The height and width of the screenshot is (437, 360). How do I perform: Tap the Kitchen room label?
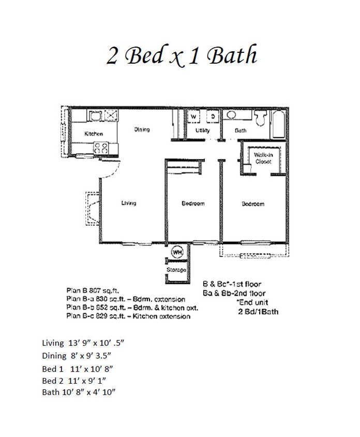[94, 134]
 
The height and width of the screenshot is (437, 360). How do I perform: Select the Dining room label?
[142, 129]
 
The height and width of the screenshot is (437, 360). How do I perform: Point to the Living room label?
[128, 203]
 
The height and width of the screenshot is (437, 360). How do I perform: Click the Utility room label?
[202, 130]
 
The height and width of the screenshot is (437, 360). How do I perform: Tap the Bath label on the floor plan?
[241, 130]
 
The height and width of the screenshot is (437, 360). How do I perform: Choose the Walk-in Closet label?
[263, 158]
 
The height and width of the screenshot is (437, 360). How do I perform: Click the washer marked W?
[193, 117]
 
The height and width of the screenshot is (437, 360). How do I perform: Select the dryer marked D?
[212, 117]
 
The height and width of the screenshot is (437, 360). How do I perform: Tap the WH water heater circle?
[177, 252]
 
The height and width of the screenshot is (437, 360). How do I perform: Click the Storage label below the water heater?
[176, 270]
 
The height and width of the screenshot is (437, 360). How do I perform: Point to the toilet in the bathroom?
[262, 119]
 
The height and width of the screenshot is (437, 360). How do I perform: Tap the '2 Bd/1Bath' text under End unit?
[258, 312]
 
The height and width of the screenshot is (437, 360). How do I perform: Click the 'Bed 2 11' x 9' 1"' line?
[77, 381]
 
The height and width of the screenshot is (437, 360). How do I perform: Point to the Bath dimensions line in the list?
[78, 392]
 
